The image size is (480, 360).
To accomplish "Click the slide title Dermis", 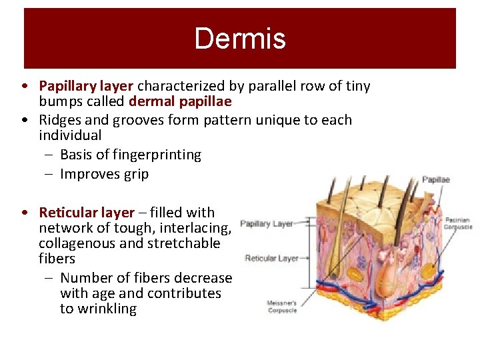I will click(240, 38).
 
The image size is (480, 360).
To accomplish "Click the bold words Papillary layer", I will click(87, 86).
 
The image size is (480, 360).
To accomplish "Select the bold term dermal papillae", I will click(180, 101).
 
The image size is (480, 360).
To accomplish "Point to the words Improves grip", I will click(104, 175).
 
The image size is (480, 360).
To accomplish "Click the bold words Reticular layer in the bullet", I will click(87, 213).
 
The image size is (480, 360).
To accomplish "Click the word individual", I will click(70, 135).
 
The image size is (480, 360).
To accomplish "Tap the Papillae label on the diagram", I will click(436, 179).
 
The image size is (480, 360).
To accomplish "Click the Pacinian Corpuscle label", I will click(457, 223).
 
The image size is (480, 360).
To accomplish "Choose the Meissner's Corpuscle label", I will click(282, 307).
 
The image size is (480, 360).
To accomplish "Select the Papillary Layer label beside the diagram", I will click(266, 224).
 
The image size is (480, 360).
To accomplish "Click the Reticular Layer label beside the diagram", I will click(271, 258).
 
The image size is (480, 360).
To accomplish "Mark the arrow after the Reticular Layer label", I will click(305, 258).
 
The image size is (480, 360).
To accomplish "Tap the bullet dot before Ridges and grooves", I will click(24, 121).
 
